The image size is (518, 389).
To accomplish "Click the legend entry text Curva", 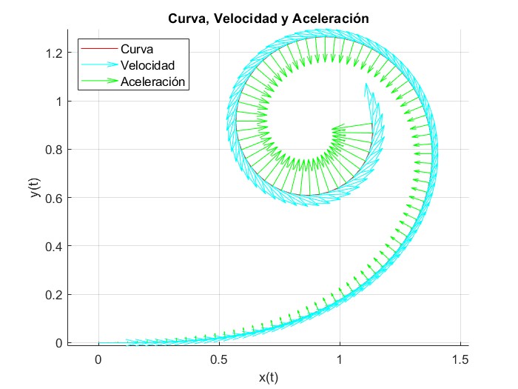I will click(x=138, y=50).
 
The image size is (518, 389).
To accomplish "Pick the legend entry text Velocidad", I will click(x=147, y=65).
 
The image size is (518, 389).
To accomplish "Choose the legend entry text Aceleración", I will click(x=152, y=81).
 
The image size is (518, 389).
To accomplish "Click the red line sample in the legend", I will click(x=98, y=50).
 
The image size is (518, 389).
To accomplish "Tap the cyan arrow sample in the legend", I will click(x=98, y=65).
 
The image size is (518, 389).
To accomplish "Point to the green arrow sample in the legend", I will click(x=98, y=81).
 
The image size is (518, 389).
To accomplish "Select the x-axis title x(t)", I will click(x=269, y=376).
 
